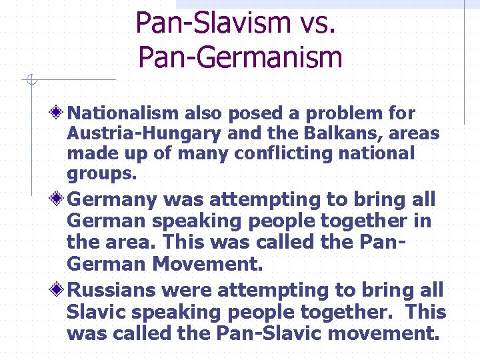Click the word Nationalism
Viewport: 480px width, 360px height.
click(123, 113)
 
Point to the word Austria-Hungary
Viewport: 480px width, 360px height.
click(144, 133)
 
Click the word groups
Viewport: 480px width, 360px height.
click(101, 174)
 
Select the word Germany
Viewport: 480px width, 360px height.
click(113, 199)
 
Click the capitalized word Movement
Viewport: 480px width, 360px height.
click(208, 264)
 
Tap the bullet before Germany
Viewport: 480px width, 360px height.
click(60, 198)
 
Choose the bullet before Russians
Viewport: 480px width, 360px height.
click(60, 289)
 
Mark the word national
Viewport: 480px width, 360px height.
click(377, 153)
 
